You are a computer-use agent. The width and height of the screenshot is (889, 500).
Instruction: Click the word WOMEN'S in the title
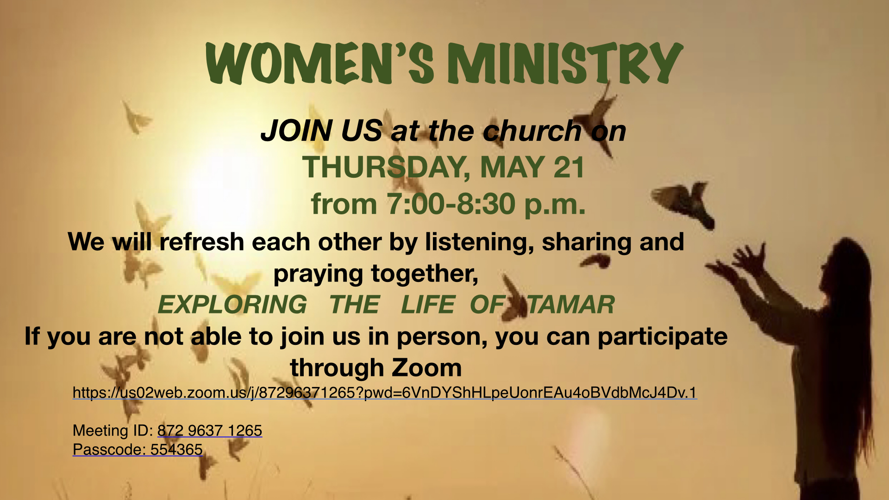pyautogui.click(x=320, y=63)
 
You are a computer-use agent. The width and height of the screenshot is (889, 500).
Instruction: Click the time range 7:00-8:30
pyautogui.click(x=451, y=204)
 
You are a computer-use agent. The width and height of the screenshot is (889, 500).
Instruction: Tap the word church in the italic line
pyautogui.click(x=532, y=131)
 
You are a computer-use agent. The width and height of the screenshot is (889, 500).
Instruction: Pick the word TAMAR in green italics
pyautogui.click(x=571, y=305)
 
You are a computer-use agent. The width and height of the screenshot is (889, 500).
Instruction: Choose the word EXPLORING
pyautogui.click(x=232, y=305)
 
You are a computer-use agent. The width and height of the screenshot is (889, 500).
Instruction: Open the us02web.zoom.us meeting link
pyautogui.click(x=385, y=393)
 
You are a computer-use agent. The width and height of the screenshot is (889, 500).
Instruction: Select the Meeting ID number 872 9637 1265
pyautogui.click(x=210, y=431)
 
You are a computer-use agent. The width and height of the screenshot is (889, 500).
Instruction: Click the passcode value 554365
pyautogui.click(x=176, y=450)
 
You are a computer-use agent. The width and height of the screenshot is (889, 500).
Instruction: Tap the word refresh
pyautogui.click(x=202, y=242)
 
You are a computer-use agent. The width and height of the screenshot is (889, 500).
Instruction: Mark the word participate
pyautogui.click(x=663, y=337)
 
